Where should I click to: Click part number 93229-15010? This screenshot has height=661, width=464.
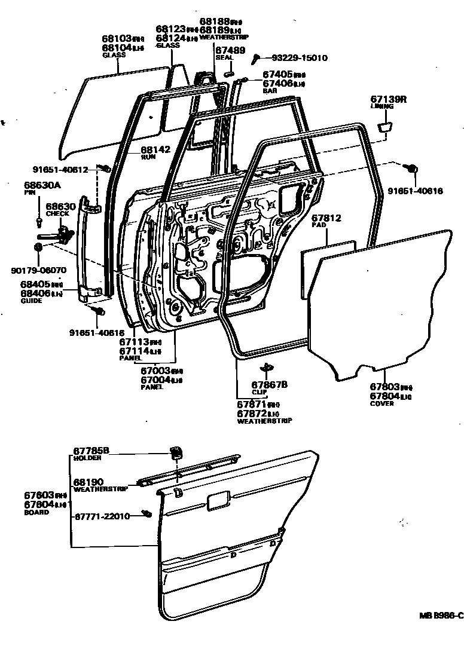300,58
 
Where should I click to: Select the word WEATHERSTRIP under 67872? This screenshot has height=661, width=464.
264,421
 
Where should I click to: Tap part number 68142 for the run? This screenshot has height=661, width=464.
155,150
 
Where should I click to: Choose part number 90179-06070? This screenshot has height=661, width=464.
39,270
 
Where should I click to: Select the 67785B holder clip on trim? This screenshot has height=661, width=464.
176,452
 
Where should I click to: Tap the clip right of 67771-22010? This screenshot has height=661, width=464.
146,514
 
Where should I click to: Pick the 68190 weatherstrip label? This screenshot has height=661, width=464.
88,481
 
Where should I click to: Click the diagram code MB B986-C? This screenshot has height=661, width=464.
440,616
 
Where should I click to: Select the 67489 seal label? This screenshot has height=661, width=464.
230,50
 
